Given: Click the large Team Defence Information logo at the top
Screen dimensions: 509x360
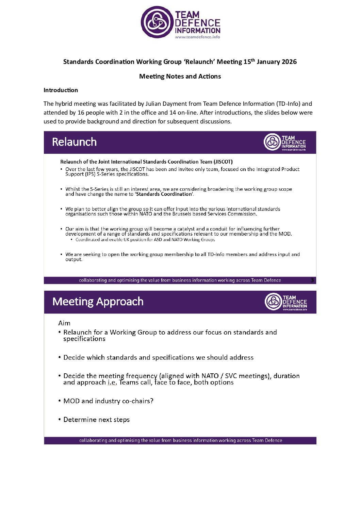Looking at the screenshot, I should (x=180, y=22).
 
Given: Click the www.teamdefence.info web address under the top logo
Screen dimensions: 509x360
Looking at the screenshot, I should (x=197, y=37).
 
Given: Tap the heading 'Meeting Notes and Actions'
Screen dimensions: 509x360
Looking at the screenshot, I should (x=180, y=77).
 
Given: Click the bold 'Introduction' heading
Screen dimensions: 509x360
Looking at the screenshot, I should (x=61, y=90).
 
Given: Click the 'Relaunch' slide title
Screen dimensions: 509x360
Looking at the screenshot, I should (x=74, y=142).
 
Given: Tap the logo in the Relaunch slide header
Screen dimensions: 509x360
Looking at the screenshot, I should (x=284, y=142).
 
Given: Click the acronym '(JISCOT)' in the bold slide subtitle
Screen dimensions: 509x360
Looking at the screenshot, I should (x=223, y=162).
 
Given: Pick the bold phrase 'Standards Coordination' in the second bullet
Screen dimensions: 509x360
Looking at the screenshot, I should (x=164, y=194).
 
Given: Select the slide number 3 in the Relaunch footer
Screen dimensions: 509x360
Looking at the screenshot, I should (x=312, y=280).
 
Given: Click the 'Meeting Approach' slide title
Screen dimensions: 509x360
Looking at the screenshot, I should (x=98, y=302).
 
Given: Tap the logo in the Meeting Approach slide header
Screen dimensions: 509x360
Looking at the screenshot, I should (x=285, y=302).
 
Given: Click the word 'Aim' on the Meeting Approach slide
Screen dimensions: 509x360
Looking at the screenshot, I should (x=64, y=323).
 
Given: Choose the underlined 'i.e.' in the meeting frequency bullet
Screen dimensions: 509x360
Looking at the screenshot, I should (x=112, y=383).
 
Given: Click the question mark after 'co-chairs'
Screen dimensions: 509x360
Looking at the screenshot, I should (x=152, y=401).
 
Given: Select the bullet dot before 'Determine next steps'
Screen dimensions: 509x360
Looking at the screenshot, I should (x=60, y=420).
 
